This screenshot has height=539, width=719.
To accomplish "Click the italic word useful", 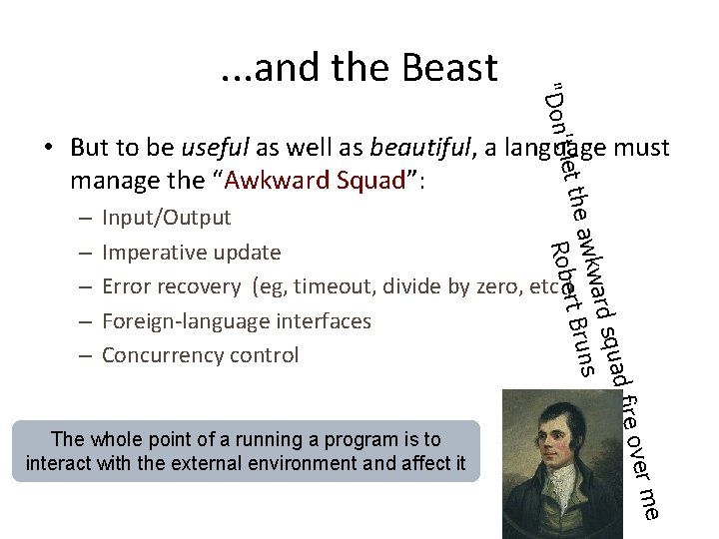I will point(215,148).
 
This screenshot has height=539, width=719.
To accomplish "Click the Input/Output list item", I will point(166,218).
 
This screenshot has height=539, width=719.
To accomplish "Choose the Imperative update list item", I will point(191,253).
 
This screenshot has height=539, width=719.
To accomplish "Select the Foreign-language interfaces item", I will point(236,321).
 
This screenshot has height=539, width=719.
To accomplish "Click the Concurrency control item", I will point(200,355).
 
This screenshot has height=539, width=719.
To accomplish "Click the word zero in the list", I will point(503,286).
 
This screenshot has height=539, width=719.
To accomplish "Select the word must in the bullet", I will point(642,148).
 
